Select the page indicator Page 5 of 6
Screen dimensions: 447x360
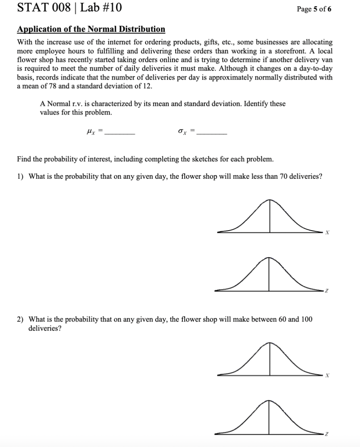point(314,9)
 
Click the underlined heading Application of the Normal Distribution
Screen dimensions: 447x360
point(91,29)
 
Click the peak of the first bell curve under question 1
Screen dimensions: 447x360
point(269,200)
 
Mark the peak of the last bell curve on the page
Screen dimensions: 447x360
point(269,401)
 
